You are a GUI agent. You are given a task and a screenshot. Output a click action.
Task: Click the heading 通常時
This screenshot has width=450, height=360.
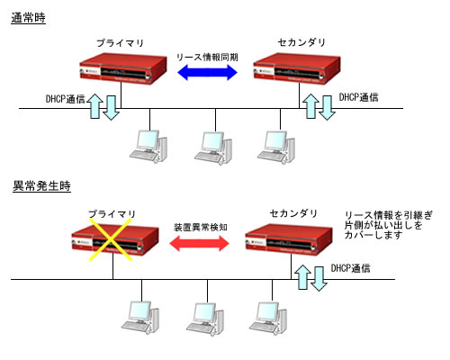coord(28,18)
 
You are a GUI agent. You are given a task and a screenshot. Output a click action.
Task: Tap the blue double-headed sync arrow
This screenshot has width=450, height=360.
coord(207,76)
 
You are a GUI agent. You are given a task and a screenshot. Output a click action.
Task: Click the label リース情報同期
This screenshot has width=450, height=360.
coord(207,57)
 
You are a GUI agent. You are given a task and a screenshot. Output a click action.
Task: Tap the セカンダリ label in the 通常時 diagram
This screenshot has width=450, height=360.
coord(294,43)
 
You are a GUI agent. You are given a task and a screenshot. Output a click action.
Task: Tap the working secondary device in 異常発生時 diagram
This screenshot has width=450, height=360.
coord(294,241)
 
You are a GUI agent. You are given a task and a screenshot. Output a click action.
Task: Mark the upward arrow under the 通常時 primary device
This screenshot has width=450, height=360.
coord(96,105)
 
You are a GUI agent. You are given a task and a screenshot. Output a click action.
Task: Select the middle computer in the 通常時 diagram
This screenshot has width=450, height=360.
coord(210,146)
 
